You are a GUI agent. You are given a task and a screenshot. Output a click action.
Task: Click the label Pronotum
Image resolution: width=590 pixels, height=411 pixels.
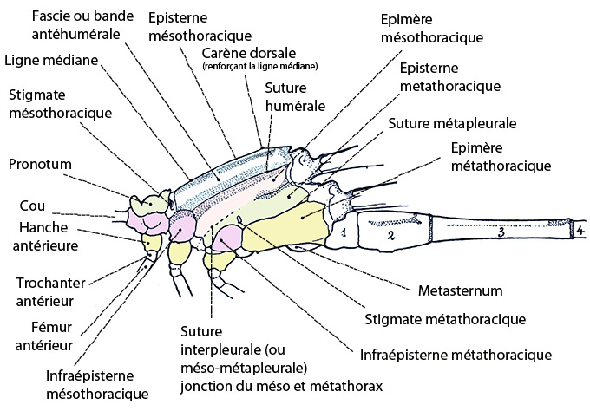pyautogui.click(x=39, y=163)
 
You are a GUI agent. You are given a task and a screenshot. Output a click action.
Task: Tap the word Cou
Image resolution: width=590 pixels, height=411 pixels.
pyautogui.click(x=31, y=206)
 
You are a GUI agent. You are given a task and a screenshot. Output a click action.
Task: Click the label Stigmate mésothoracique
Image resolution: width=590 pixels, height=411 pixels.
pyautogui.click(x=60, y=104)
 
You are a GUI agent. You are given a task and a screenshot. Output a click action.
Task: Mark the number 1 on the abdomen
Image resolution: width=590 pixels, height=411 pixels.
pyautogui.click(x=344, y=232)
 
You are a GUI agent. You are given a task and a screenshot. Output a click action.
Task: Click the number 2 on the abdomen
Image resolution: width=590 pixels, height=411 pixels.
pyautogui.click(x=390, y=235)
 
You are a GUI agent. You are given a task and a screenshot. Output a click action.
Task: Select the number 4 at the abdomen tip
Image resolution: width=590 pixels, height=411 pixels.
pyautogui.click(x=579, y=231)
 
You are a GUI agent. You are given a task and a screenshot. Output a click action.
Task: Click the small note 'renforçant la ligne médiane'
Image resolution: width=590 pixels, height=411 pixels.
pyautogui.click(x=259, y=67)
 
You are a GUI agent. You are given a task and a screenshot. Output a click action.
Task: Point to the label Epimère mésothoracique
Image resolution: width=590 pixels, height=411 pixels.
pyautogui.click(x=431, y=29)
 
